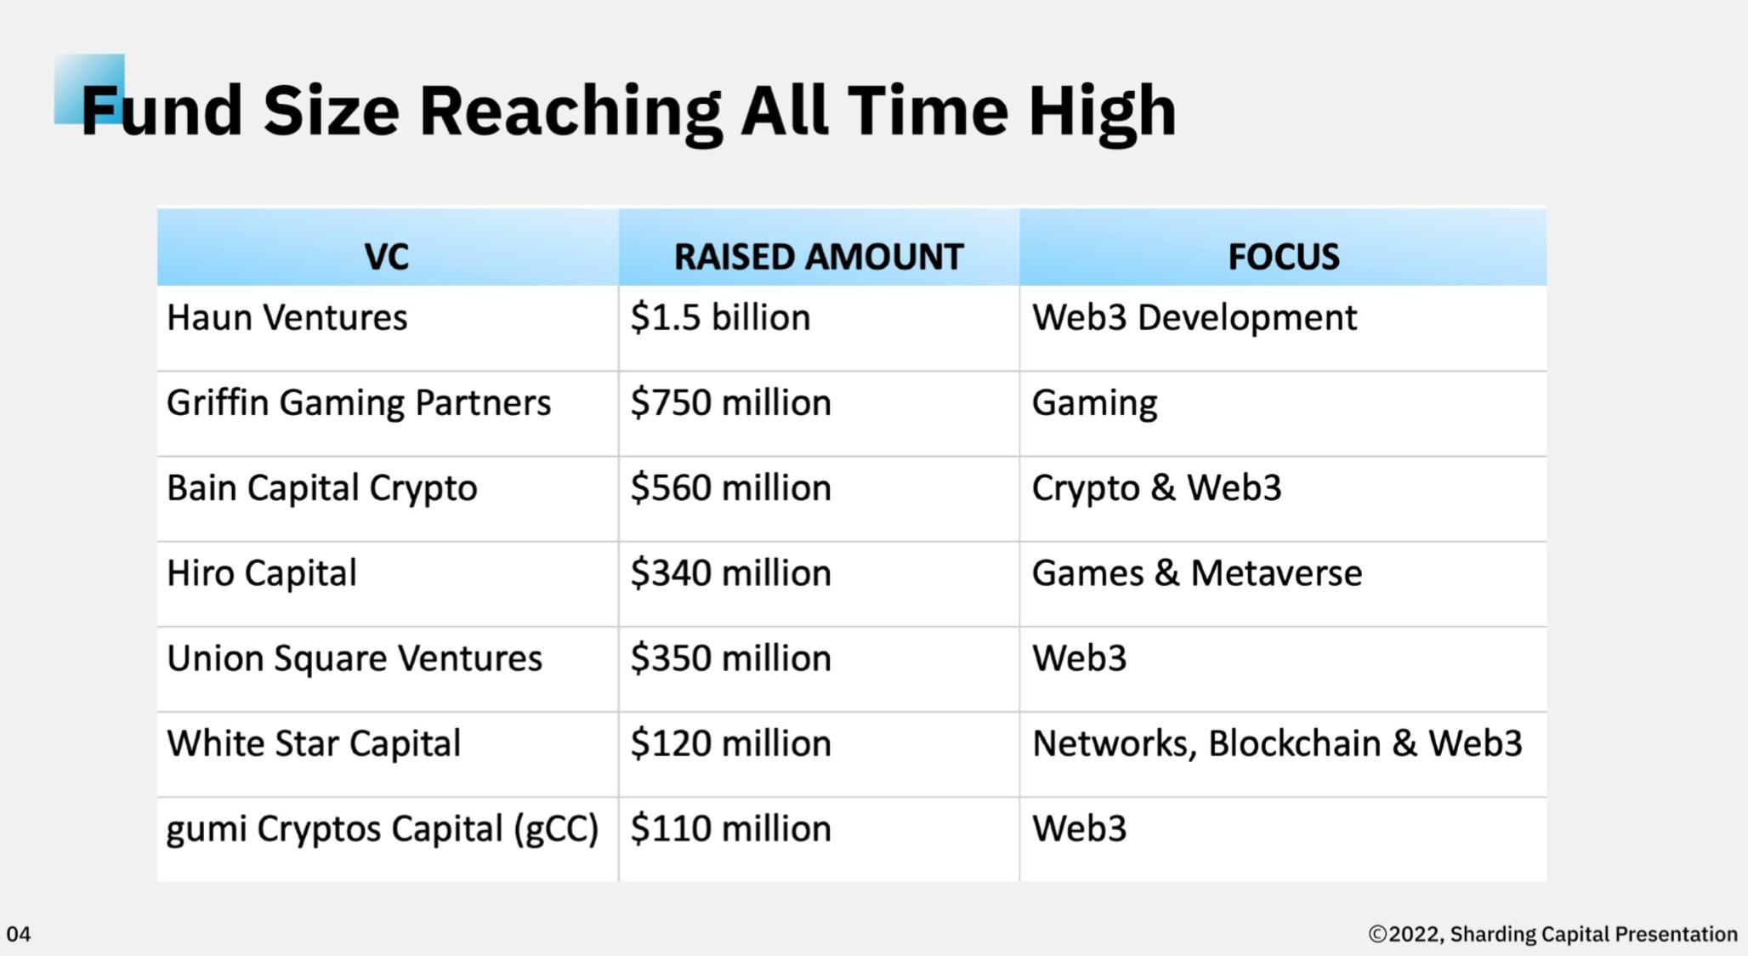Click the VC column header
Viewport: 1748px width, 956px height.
(387, 257)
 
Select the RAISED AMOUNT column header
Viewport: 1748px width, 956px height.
(819, 257)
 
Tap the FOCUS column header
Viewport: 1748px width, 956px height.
(1284, 257)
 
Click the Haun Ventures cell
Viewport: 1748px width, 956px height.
(287, 318)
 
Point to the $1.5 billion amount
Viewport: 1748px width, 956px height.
(720, 318)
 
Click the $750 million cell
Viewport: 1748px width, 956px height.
(730, 403)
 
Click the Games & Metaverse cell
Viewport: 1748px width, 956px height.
(1197, 573)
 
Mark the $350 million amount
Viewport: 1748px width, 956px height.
(730, 658)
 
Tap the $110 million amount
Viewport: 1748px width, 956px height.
(730, 828)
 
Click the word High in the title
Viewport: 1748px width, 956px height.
(1103, 111)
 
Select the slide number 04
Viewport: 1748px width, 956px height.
(19, 935)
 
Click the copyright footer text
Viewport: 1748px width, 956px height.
(1552, 935)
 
